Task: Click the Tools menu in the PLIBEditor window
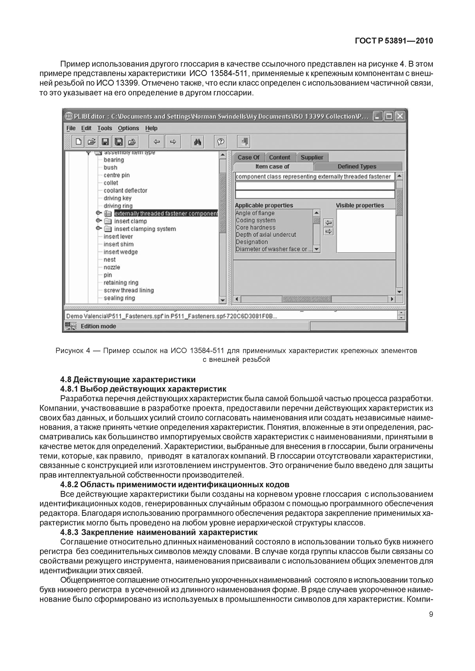[105, 128]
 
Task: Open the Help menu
[151, 128]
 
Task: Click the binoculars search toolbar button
[198, 142]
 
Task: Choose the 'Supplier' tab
[312, 158]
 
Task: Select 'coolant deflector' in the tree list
[125, 191]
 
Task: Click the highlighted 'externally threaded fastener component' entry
[166, 214]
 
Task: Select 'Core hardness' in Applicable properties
[255, 227]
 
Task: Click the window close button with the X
[400, 116]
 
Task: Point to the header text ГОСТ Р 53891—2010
[394, 41]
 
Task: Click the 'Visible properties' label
[360, 206]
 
